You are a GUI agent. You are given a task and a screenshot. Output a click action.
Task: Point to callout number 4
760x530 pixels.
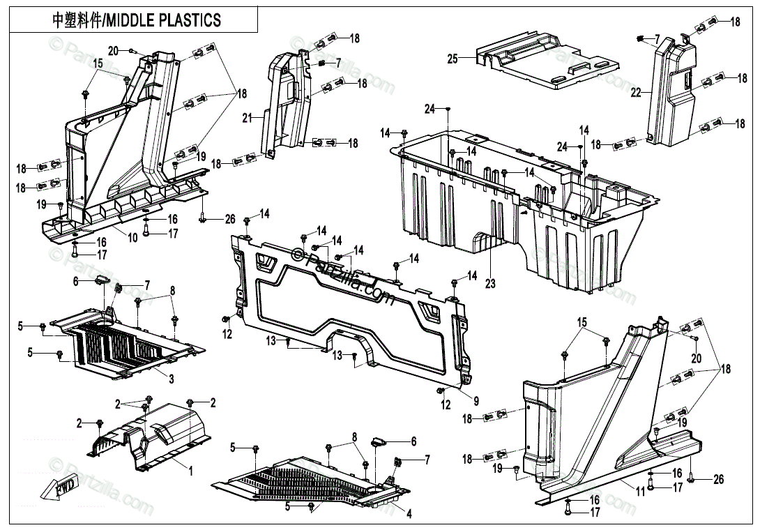(409, 515)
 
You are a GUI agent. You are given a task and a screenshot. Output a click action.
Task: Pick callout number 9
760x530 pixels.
(476, 401)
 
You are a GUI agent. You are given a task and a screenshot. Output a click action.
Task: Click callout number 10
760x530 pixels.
(132, 238)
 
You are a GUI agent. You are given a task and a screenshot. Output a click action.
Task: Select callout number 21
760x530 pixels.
(246, 119)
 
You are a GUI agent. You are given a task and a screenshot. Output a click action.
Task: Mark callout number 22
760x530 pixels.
(635, 91)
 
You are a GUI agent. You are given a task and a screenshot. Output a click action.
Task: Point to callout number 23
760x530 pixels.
(490, 284)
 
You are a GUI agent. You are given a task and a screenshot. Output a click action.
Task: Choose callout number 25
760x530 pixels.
(452, 59)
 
